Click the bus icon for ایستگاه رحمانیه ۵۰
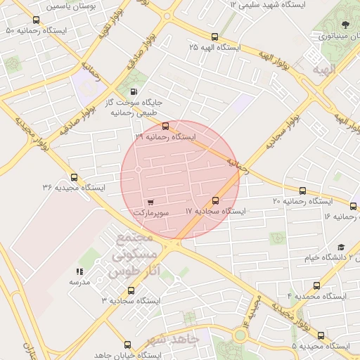(36, 20)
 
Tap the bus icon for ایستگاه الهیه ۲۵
(214, 37)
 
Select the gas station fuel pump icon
(134, 92)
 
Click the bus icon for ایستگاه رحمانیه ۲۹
(165, 127)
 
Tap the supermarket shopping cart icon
(149, 202)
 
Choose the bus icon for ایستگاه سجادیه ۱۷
(216, 201)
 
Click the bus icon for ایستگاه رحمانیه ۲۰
(303, 191)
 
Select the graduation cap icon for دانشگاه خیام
(341, 247)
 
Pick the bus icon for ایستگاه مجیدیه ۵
(321, 335)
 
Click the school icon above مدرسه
(79, 271)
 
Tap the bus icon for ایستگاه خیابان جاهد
(127, 345)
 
